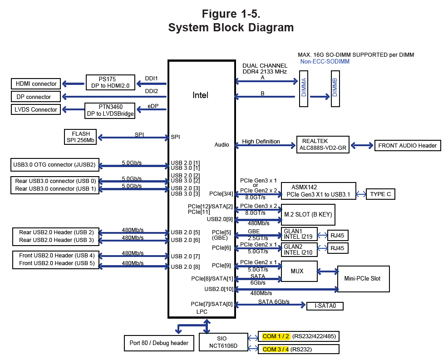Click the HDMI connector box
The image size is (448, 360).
point(36,84)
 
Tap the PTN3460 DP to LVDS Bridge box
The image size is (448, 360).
point(110,110)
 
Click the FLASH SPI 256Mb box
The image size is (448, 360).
point(81,137)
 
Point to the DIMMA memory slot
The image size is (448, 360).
point(303,89)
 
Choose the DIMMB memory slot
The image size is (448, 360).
point(335,89)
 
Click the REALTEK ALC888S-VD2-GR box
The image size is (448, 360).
point(322,144)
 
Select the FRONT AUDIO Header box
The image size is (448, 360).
point(407,146)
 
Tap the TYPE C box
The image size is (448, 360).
point(380,194)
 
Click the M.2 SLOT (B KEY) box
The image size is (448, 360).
point(308,214)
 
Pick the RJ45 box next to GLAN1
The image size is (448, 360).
point(337,235)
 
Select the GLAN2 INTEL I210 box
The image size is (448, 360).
point(298,249)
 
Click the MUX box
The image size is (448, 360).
point(297,271)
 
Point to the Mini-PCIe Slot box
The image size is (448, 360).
point(363,279)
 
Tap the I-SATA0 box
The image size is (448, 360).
point(325,306)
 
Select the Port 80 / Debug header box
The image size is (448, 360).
point(159,343)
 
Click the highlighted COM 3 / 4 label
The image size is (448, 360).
point(276,350)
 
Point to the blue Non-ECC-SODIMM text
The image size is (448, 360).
point(325,61)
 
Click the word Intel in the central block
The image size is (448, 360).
point(201,95)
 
